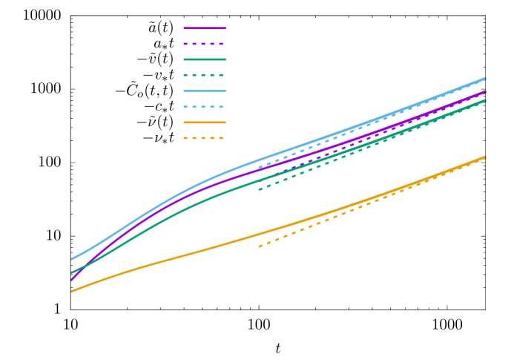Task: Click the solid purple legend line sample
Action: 205,28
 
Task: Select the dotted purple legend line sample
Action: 205,44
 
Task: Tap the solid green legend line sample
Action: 205,59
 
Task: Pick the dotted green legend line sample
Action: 205,75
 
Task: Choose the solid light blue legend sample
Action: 205,91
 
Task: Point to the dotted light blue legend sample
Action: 205,107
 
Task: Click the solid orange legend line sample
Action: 205,122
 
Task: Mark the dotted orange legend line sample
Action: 205,138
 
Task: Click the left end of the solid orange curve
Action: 71,291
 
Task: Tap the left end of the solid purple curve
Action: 71,280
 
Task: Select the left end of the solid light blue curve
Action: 71,259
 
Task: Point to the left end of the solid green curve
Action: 71,272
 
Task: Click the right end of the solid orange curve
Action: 485,157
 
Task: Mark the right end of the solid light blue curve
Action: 485,78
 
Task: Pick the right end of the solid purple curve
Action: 485,92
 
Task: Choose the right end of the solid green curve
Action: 485,100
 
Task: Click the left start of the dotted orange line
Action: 259,246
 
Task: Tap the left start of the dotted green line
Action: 259,189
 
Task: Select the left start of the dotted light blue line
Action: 259,168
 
